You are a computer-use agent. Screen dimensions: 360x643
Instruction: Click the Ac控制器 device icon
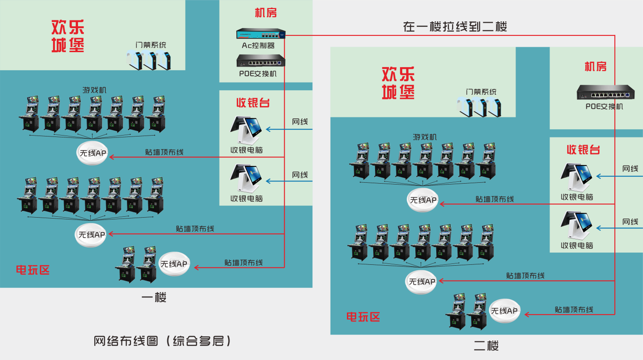[261, 34]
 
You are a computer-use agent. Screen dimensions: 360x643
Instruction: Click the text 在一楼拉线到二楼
[455, 27]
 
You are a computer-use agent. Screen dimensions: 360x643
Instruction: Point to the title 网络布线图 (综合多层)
[162, 341]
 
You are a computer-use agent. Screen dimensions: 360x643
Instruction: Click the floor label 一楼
[154, 297]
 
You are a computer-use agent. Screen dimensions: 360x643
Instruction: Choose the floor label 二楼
[486, 346]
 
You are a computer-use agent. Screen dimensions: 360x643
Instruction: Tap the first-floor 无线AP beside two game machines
[174, 264]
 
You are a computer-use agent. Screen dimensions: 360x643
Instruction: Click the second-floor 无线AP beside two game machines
[504, 311]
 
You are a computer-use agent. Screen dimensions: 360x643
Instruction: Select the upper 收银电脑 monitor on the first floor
[247, 130]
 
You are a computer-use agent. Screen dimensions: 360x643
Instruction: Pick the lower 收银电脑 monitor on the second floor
[577, 226]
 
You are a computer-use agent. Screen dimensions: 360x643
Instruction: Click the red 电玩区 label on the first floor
[33, 270]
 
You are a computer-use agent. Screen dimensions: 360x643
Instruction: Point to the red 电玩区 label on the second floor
[363, 317]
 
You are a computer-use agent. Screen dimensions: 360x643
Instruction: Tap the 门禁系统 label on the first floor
[151, 45]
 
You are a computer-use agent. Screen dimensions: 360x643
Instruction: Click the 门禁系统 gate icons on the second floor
[480, 107]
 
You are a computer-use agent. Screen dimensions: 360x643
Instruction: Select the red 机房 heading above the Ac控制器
[266, 13]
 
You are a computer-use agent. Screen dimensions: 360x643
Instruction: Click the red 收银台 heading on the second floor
[583, 150]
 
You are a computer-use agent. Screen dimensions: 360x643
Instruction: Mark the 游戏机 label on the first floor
[94, 90]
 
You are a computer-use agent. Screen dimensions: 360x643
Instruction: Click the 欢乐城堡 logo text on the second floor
[398, 83]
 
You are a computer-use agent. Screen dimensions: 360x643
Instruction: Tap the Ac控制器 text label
[258, 45]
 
